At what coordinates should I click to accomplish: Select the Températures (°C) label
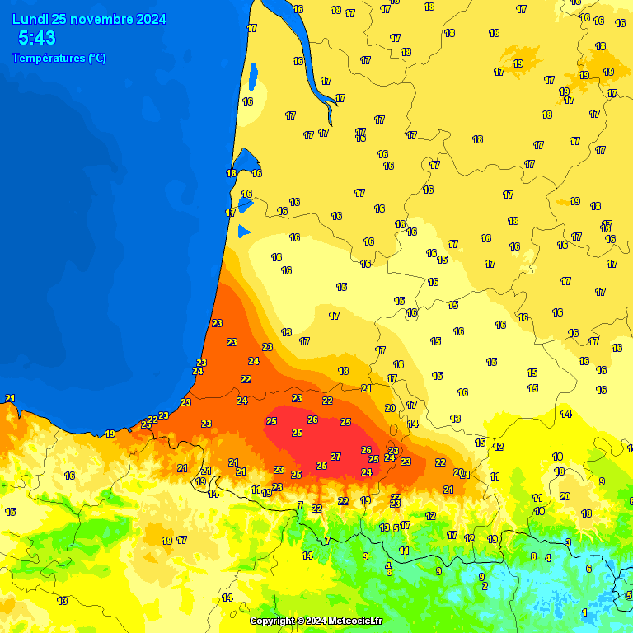[x=59, y=58]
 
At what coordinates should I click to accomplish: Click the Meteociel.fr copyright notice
[x=316, y=621]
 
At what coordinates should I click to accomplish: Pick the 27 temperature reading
[x=335, y=457]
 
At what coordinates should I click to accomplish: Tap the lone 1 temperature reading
[x=584, y=612]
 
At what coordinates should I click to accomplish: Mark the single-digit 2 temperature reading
[x=485, y=586]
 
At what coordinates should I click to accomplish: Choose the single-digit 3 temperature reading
[x=568, y=542]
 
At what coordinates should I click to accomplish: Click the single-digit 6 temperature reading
[x=588, y=569]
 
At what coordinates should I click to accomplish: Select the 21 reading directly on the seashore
[x=10, y=398]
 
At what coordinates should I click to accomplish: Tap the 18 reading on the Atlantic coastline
[x=231, y=173]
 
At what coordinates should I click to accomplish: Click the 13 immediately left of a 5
[x=384, y=527]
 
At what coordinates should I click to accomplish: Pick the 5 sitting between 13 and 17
[x=396, y=527]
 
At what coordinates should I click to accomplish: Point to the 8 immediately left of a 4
[x=533, y=556]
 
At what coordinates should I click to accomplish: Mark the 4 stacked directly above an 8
[x=388, y=565]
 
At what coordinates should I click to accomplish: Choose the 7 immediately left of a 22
[x=300, y=505]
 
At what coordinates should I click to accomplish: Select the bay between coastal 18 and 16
[x=245, y=160]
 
